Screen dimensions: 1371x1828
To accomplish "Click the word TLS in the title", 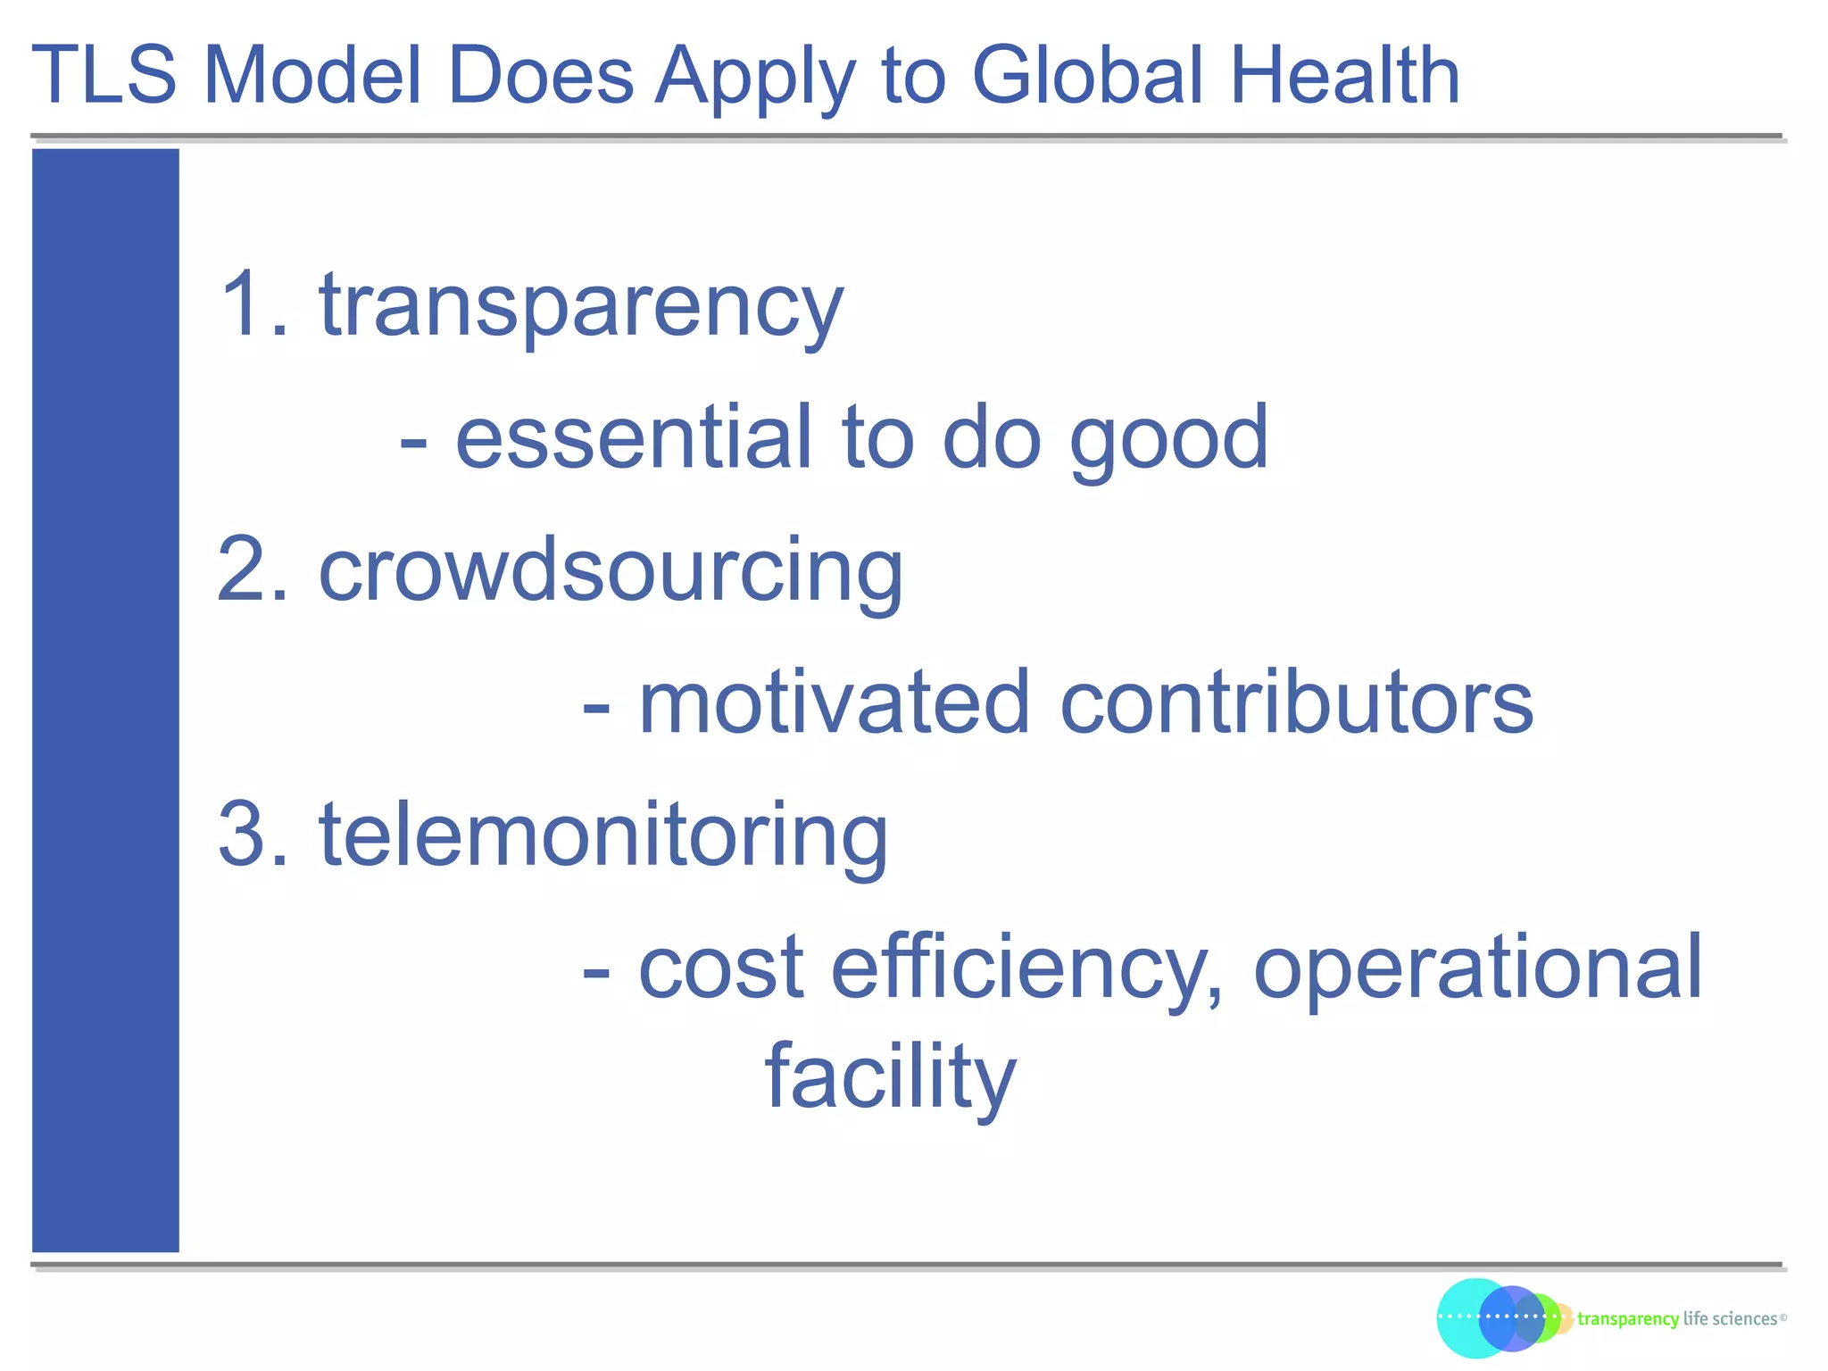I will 104,76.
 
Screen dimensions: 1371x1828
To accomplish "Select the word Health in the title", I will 1344,76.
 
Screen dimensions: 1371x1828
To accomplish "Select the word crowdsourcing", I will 611,571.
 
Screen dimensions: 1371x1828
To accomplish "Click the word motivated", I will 835,703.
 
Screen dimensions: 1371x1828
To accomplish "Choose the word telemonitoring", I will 603,836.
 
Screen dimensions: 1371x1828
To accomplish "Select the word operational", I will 1478,968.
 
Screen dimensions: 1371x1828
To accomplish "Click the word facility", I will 890,1077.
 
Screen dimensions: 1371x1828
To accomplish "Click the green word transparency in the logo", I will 1627,1319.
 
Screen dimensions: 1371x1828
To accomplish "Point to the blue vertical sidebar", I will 105,700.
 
